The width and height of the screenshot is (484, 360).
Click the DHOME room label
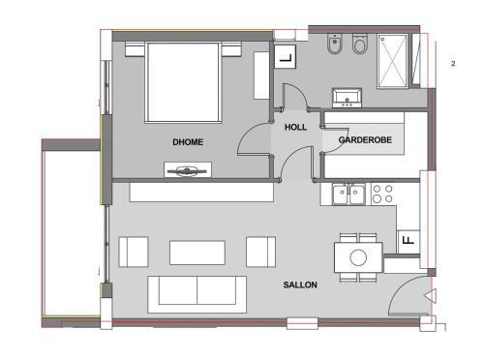tap(188, 142)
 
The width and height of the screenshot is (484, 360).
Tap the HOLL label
tap(295, 127)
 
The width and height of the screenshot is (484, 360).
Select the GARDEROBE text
tap(365, 139)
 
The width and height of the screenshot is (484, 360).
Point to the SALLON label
tap(300, 285)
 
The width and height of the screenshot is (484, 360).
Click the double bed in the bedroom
tap(183, 82)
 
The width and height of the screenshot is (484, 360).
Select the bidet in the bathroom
tap(335, 44)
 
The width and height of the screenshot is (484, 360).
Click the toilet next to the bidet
tap(359, 44)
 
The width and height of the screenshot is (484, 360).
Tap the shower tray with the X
tap(392, 60)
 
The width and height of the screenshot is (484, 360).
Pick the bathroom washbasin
tap(347, 98)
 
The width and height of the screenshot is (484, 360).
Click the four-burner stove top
tap(382, 194)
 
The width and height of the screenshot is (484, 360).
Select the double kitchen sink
tap(348, 194)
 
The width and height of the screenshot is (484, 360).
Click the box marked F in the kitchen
tap(408, 242)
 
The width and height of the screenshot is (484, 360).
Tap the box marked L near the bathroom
tap(286, 57)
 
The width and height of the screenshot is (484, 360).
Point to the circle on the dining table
tap(358, 257)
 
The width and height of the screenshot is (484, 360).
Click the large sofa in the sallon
tap(197, 294)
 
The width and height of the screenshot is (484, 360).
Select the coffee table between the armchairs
tap(197, 253)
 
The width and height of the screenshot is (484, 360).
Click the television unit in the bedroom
tap(188, 169)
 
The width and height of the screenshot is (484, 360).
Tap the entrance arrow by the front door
tap(431, 295)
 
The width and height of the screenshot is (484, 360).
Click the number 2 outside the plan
tap(453, 64)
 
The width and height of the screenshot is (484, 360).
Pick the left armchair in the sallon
tap(134, 252)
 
